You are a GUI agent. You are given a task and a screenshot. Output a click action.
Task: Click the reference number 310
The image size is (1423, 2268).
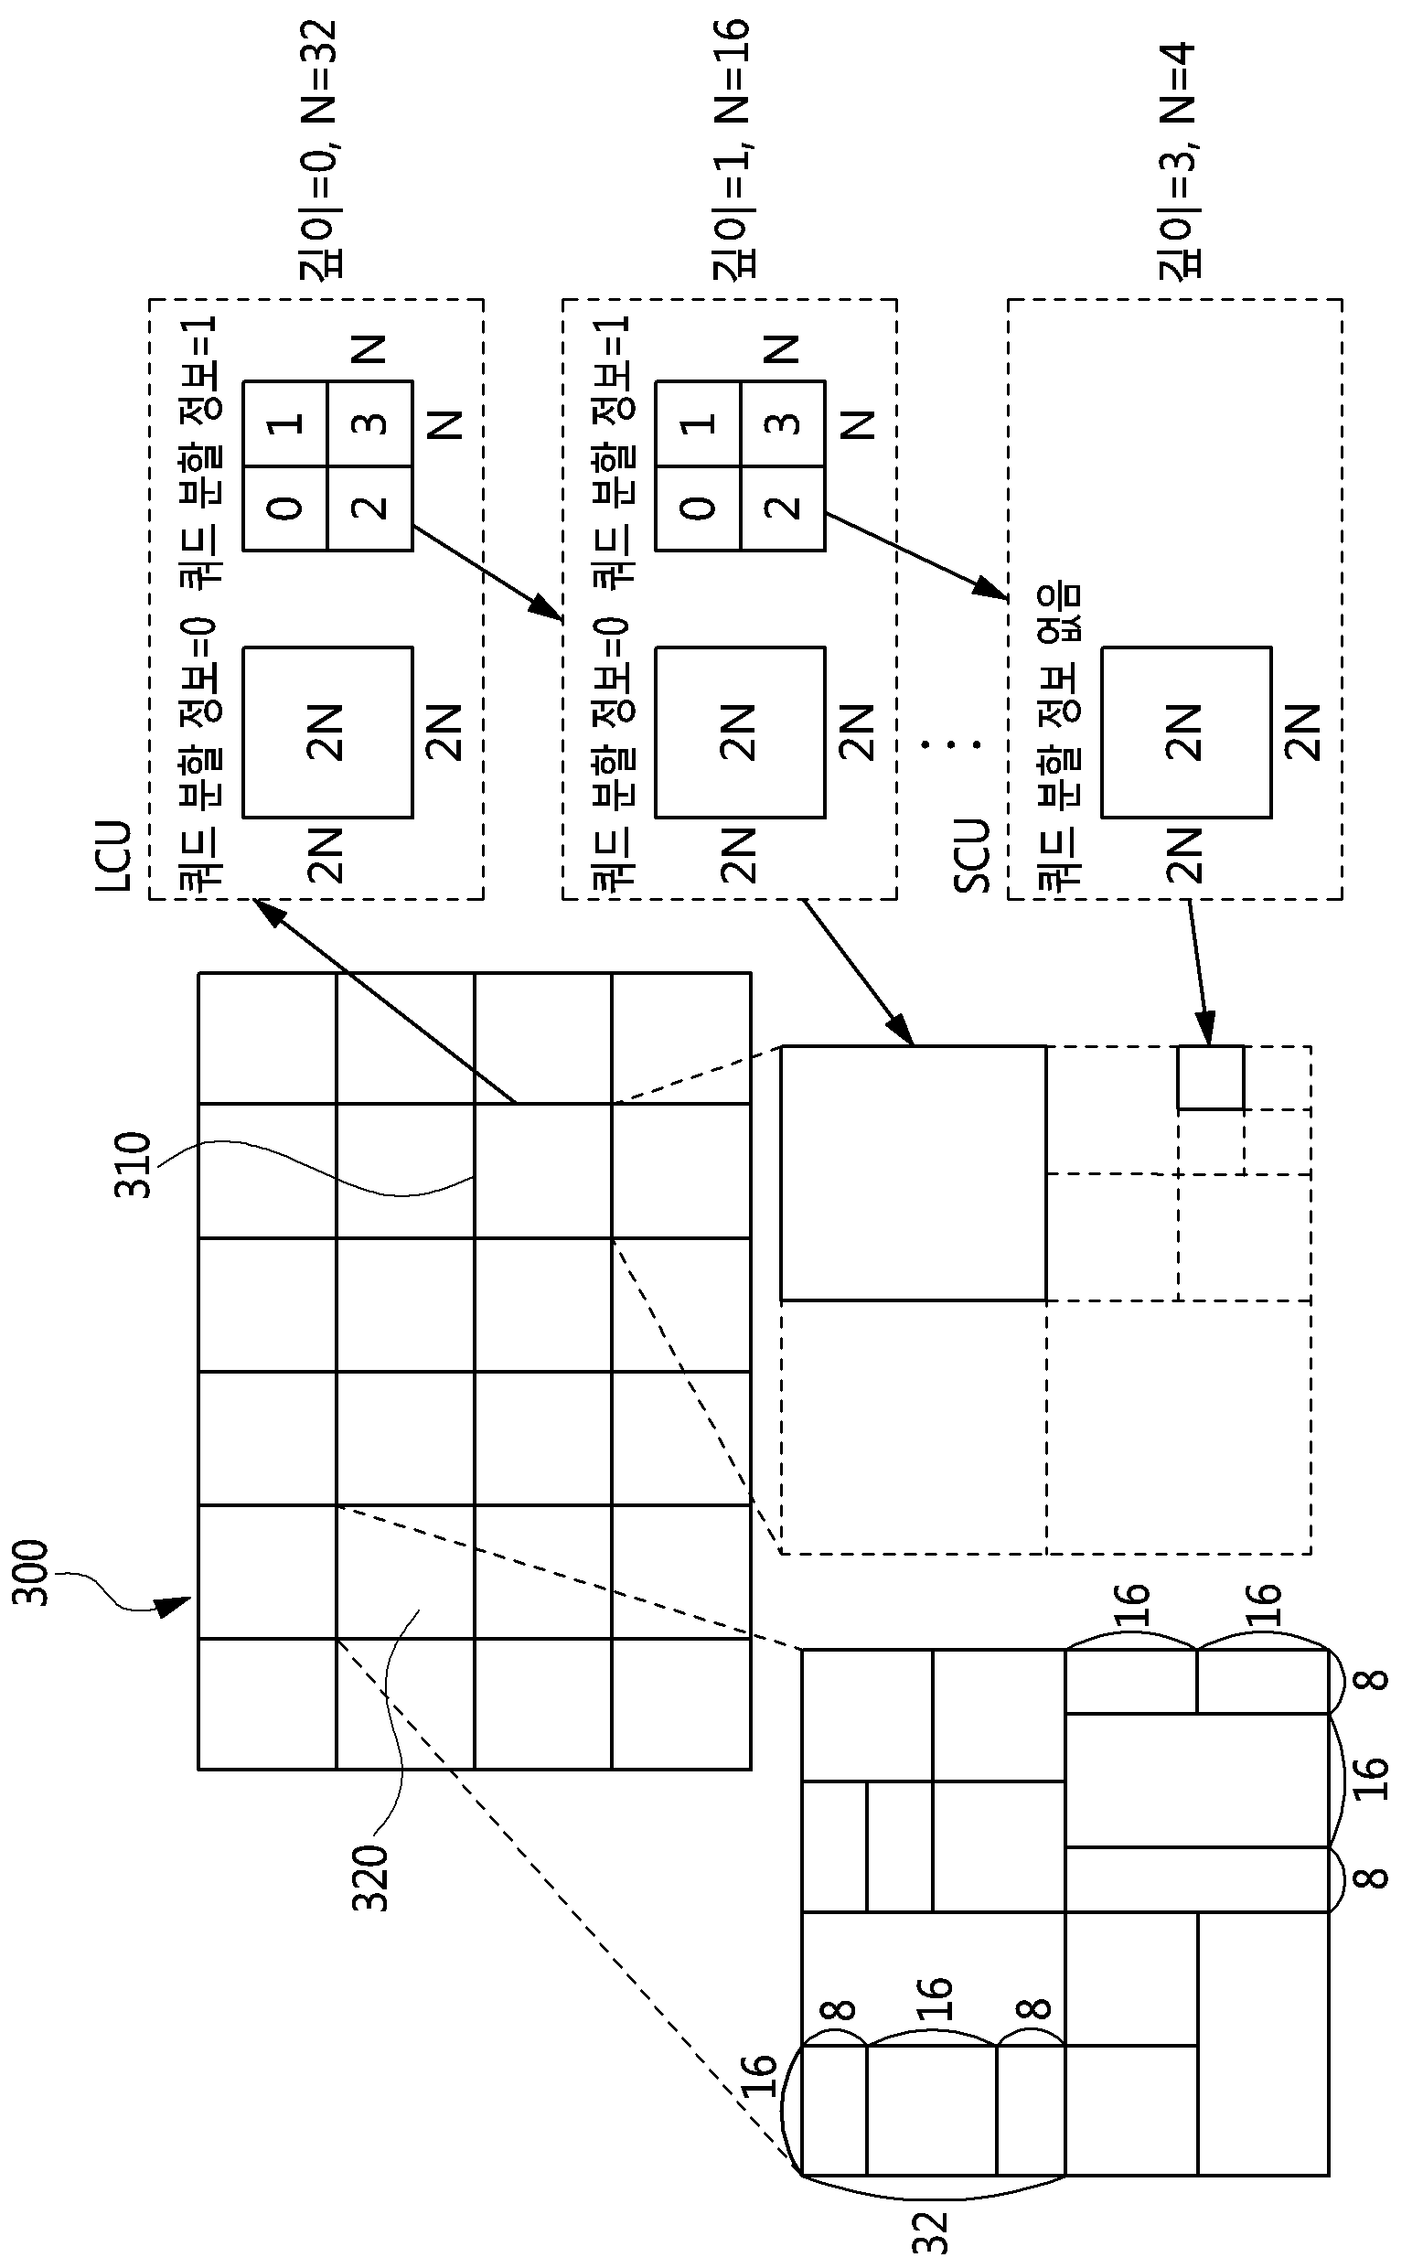tap(133, 1165)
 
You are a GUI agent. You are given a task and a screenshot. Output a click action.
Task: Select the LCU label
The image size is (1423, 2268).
tap(114, 857)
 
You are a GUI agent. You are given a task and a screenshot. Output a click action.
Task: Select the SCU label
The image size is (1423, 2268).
tap(972, 856)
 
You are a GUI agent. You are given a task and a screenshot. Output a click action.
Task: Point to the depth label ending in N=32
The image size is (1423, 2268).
tap(318, 151)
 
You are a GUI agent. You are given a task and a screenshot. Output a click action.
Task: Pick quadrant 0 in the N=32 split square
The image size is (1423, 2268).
tap(285, 508)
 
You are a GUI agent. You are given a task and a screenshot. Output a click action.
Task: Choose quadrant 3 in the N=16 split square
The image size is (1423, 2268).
tap(783, 423)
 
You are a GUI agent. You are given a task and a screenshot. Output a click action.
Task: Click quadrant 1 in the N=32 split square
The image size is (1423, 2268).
tap(285, 423)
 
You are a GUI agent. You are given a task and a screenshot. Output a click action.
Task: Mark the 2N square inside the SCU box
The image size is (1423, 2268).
tap(1186, 732)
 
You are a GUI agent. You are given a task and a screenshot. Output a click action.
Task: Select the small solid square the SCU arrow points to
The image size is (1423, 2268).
tap(1210, 1077)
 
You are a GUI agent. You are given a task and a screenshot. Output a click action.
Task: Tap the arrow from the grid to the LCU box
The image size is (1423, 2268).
tap(385, 1000)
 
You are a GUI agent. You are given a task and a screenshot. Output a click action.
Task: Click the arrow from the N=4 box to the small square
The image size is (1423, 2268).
tap(1197, 972)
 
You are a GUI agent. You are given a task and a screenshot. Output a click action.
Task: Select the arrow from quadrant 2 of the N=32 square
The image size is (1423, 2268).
tap(487, 573)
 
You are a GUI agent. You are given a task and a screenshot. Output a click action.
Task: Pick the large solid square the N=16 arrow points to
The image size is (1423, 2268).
tap(913, 1172)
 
